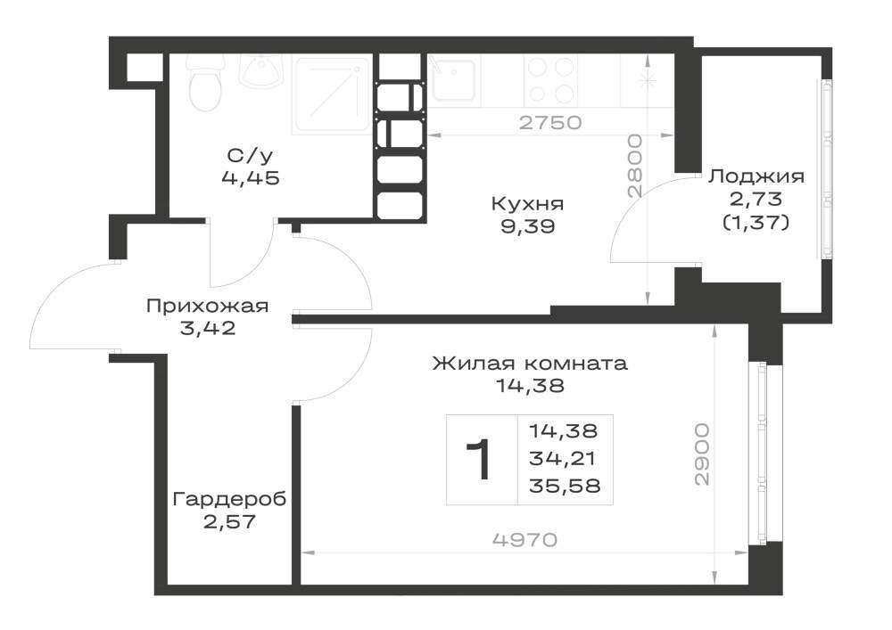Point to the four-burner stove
click(x=550, y=81)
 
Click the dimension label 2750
click(x=550, y=123)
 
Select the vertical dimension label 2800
click(x=634, y=166)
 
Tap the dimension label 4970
click(x=525, y=540)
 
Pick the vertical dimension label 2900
click(x=703, y=454)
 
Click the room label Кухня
click(x=527, y=203)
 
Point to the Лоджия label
click(x=756, y=176)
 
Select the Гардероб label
click(x=229, y=499)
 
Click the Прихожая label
click(x=207, y=307)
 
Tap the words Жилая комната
click(x=530, y=363)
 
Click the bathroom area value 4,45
click(x=251, y=178)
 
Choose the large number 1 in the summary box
click(x=479, y=460)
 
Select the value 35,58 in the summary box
click(x=565, y=487)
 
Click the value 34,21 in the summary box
click(x=562, y=458)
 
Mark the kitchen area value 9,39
click(x=527, y=227)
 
